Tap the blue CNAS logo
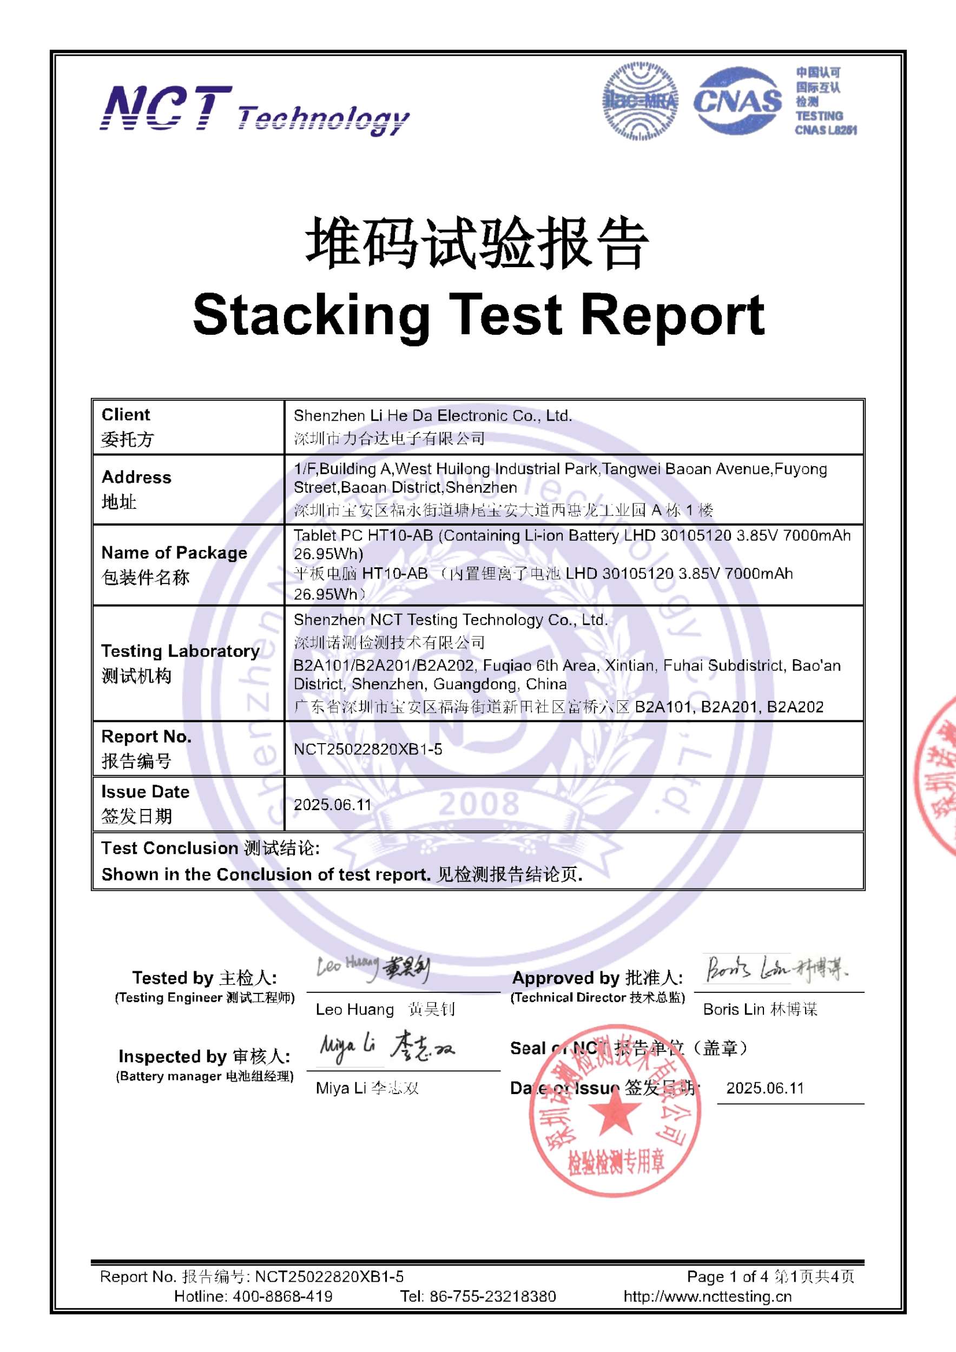[737, 101]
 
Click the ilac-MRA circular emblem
[639, 102]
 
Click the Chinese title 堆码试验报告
[477, 243]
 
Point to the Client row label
[126, 415]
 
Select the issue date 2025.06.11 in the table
[332, 804]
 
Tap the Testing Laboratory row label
[180, 651]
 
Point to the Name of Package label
[174, 552]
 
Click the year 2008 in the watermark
[478, 803]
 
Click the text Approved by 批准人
[597, 978]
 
